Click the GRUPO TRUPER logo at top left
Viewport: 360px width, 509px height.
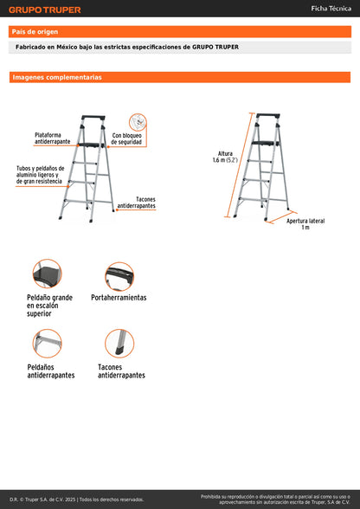tap(45, 10)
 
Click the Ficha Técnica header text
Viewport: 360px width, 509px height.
tap(330, 9)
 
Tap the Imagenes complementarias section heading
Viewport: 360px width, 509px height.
tap(56, 77)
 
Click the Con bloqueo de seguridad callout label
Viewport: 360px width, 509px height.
tap(128, 139)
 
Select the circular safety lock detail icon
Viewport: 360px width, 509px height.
tap(138, 120)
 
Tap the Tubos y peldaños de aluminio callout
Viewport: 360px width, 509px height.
tap(40, 174)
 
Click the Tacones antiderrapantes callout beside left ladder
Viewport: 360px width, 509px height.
tap(136, 203)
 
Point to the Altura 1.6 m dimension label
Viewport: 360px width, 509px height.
tap(225, 156)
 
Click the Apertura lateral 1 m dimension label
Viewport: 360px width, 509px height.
tap(305, 223)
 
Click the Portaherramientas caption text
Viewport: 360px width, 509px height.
tap(119, 297)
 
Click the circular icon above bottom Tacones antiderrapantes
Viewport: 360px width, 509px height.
tap(119, 344)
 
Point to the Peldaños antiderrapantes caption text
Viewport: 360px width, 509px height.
tap(51, 371)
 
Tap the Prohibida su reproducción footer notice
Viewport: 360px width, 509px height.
tap(274, 499)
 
